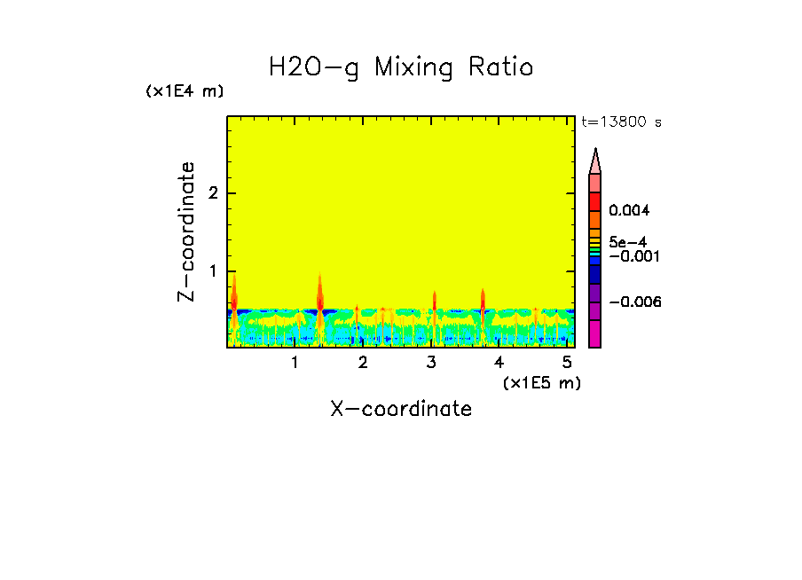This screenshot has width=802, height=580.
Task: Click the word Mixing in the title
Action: (412, 67)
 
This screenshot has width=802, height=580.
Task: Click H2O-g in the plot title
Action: (314, 67)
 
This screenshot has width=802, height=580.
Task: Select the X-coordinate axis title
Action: (401, 409)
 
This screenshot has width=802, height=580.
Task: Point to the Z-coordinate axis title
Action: (186, 232)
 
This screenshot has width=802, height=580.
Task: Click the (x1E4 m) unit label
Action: (185, 91)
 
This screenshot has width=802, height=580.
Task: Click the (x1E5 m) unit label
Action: (541, 382)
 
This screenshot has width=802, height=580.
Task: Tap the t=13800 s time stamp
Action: (621, 122)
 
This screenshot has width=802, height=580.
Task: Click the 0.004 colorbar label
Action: (630, 211)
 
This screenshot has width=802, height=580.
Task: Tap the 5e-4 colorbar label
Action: (627, 241)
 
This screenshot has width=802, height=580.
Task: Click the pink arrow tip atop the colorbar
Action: (595, 161)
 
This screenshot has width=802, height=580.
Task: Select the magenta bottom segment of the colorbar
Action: (595, 334)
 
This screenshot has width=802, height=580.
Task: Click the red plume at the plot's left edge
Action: (234, 297)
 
